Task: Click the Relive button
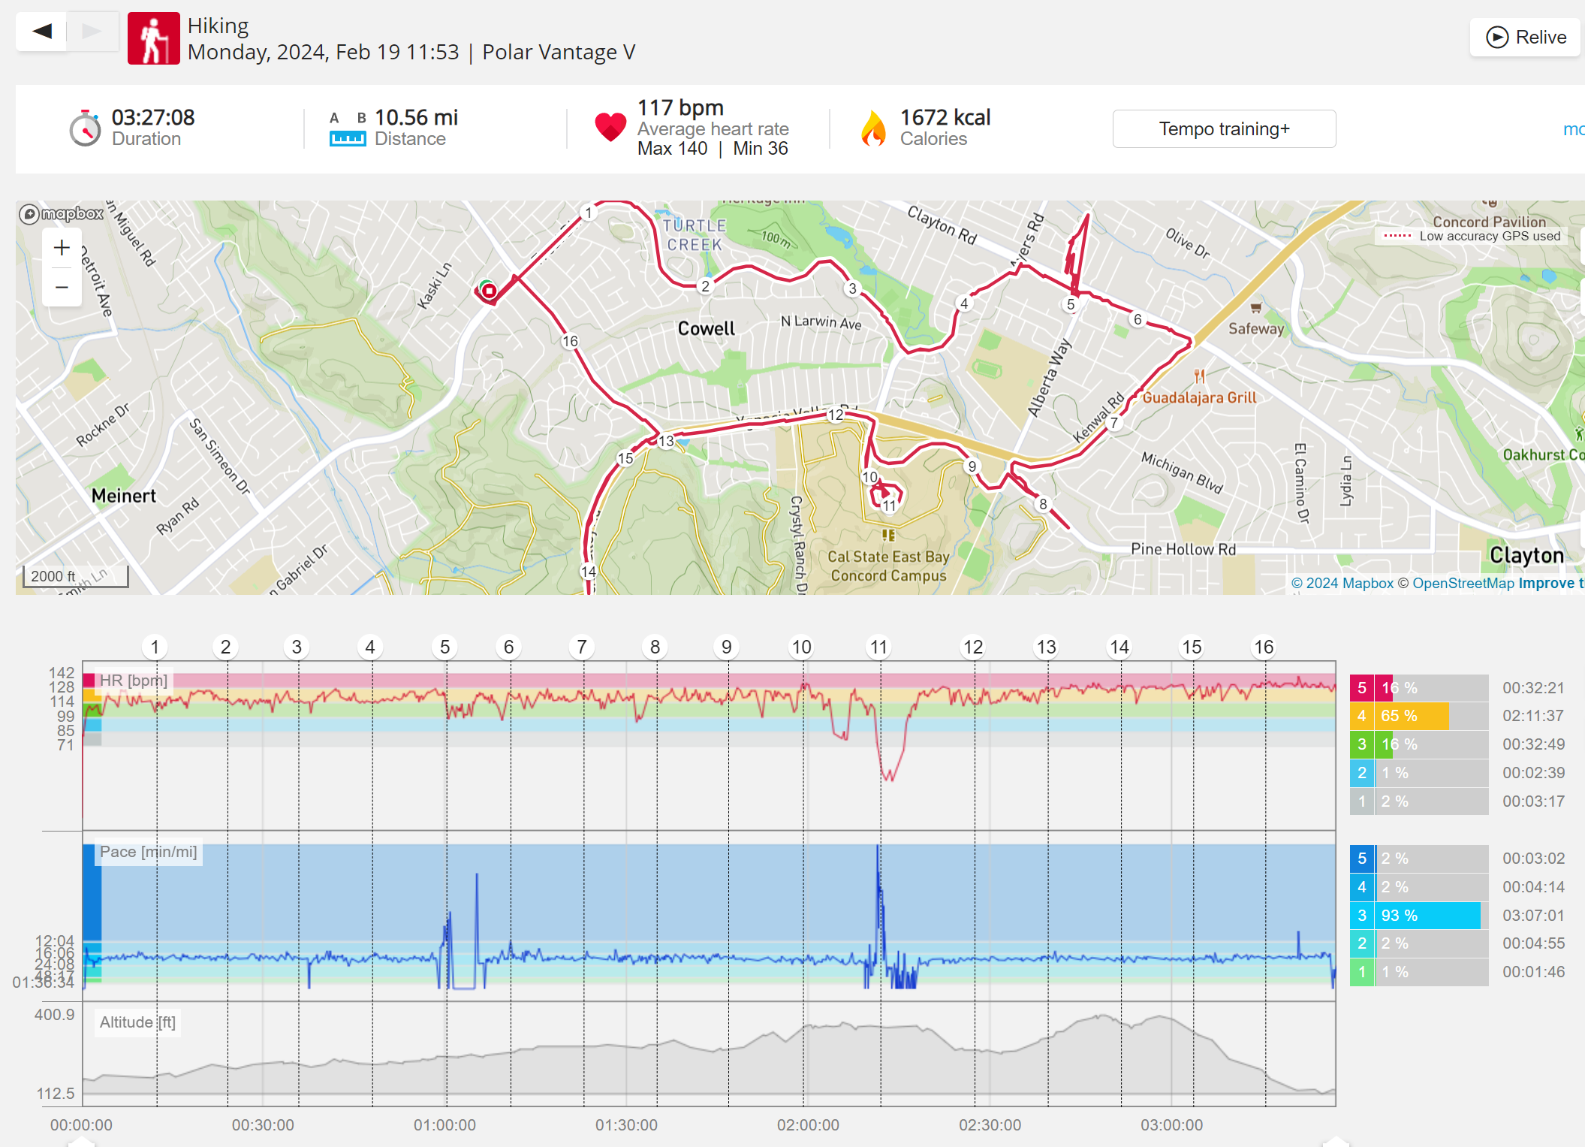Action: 1526,38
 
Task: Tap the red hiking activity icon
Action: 154,38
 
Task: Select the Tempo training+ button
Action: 1224,129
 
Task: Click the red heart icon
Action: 610,126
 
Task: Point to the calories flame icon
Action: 873,128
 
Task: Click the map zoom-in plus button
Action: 62,248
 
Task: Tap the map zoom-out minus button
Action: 62,287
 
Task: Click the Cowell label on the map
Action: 706,329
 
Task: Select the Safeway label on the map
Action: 1256,328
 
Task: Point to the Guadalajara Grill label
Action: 1199,397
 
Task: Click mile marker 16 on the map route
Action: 571,341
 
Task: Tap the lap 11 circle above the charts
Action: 878,647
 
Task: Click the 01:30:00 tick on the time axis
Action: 626,1124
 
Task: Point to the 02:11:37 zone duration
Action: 1532,716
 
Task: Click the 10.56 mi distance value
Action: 416,118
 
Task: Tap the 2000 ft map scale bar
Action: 75,577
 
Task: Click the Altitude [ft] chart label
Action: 137,1022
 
